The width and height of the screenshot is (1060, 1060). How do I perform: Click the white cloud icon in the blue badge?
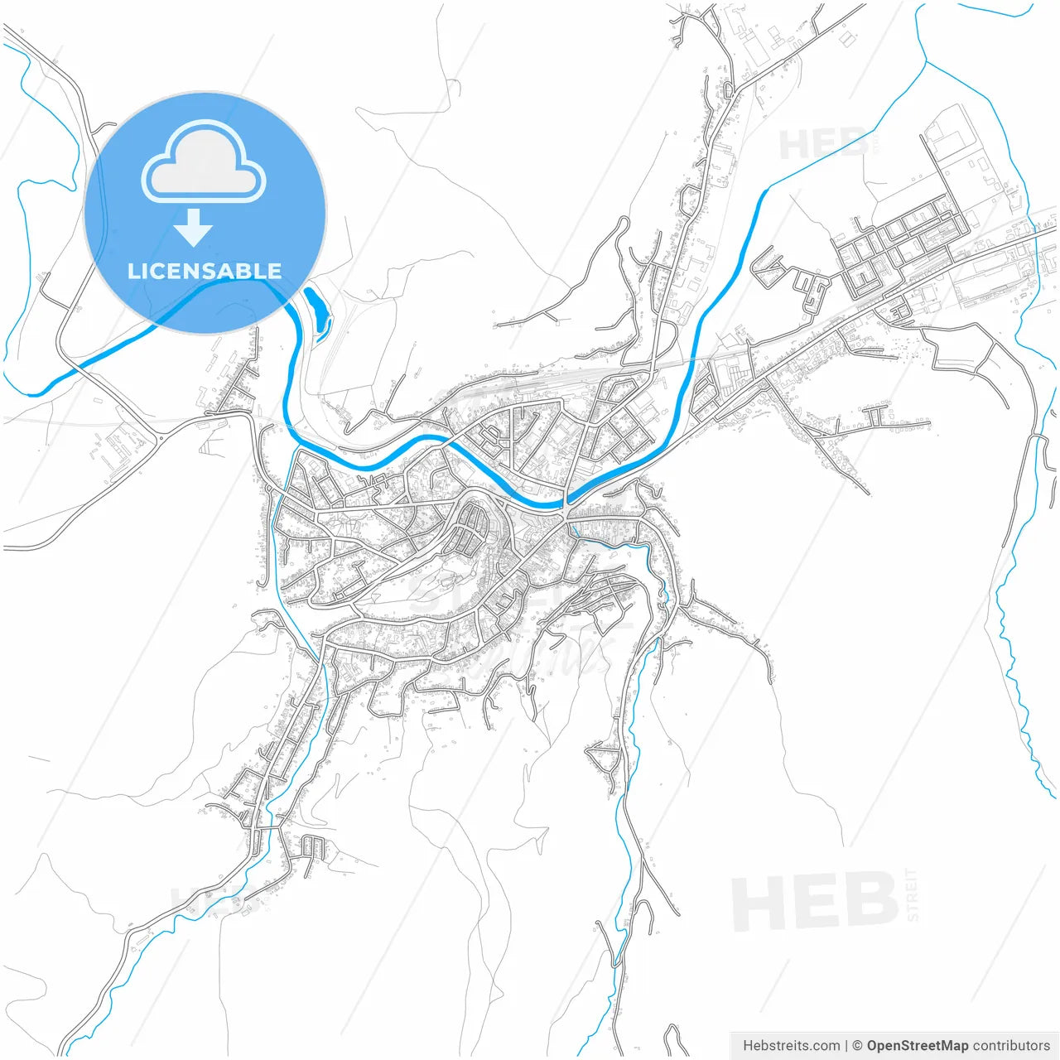pos(204,162)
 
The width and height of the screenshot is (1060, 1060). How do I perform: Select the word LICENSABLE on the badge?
pos(205,271)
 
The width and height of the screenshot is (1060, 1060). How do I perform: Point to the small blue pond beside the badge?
pos(317,312)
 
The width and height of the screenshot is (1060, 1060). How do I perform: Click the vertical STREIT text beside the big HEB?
pos(912,894)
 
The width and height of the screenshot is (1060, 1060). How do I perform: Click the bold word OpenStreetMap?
pos(917,1046)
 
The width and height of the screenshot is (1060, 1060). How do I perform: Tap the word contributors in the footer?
pos(1011,1046)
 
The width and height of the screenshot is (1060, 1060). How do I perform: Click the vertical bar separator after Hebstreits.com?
pos(846,1046)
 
